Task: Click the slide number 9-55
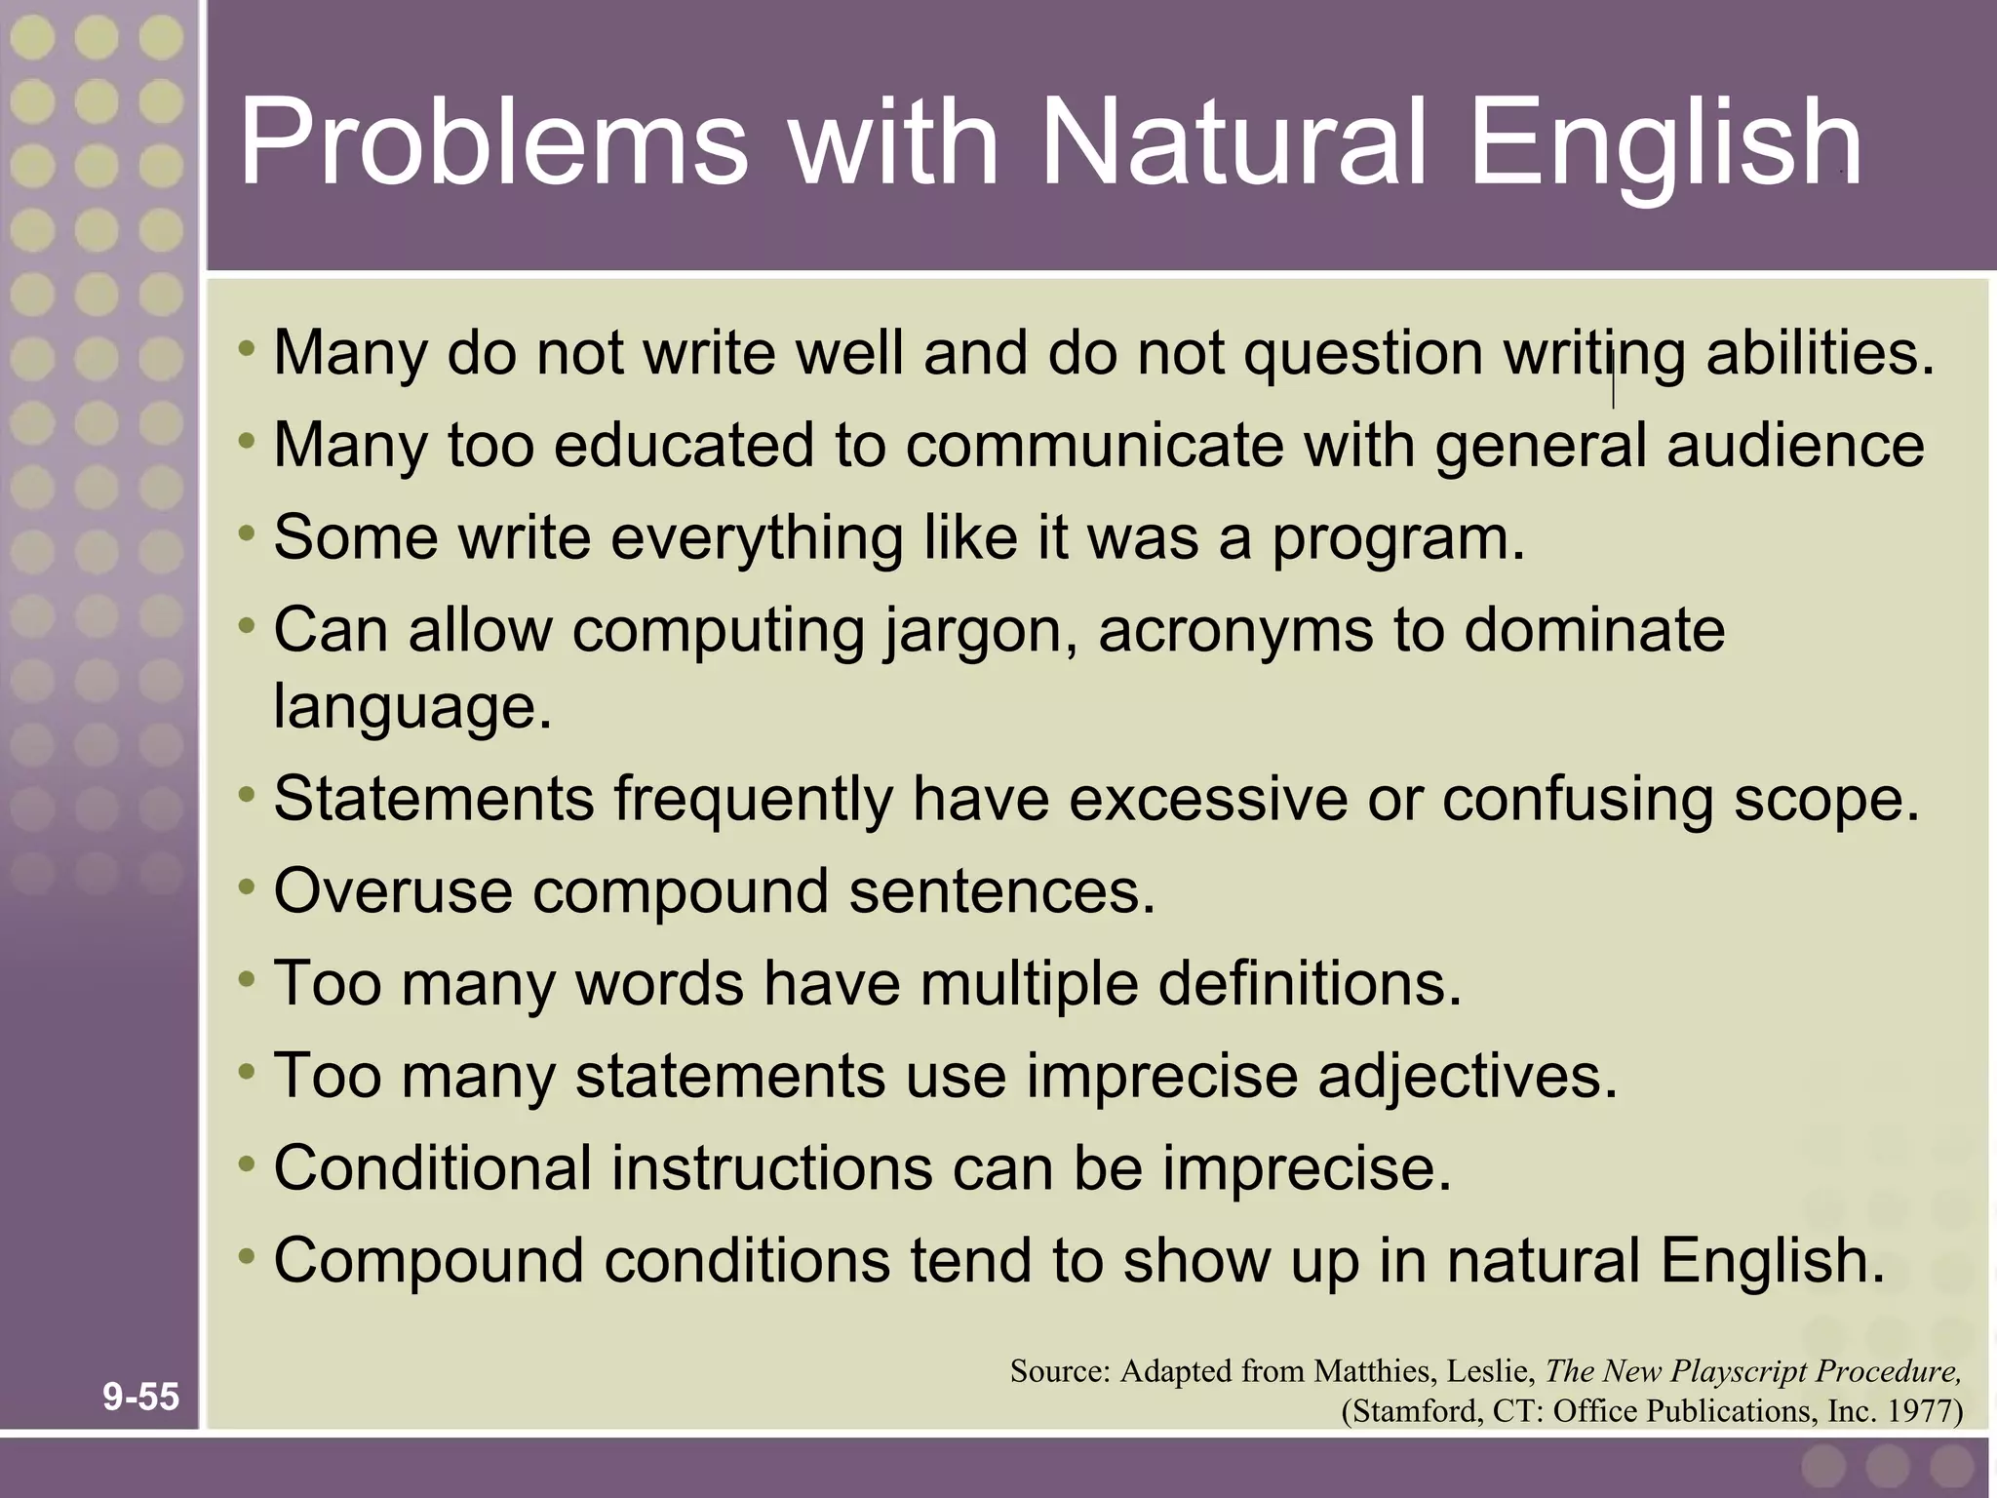click(x=141, y=1397)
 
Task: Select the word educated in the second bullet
click(x=683, y=446)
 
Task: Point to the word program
click(x=1397, y=539)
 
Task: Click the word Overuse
click(x=393, y=891)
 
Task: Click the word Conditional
click(x=432, y=1168)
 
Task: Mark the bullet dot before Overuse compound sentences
click(x=247, y=887)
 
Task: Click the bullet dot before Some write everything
click(x=247, y=534)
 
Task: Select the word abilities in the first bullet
click(x=1820, y=353)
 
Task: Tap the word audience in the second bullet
click(x=1795, y=446)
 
